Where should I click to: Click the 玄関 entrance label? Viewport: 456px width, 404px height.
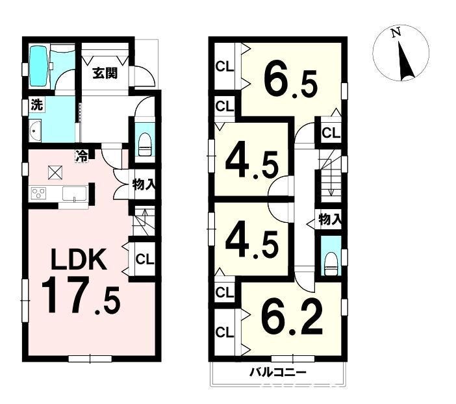point(105,73)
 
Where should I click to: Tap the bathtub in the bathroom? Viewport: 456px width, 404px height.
point(40,66)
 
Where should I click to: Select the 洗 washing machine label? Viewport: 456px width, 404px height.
point(37,105)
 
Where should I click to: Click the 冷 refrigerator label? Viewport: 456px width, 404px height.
point(82,156)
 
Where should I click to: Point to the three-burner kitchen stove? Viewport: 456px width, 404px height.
point(39,193)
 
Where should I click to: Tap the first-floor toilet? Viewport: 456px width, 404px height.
point(145,145)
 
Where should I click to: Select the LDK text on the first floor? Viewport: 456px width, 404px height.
point(78,260)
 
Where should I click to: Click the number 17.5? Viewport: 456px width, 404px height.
point(81,296)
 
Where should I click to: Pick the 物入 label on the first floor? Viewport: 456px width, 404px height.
point(144,184)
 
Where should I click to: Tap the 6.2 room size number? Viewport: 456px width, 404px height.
point(292,317)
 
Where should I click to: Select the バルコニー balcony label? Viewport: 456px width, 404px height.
point(278,372)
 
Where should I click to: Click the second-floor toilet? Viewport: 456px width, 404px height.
point(331,264)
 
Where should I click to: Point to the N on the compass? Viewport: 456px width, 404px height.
point(396,32)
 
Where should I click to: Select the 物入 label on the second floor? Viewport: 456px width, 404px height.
point(330,219)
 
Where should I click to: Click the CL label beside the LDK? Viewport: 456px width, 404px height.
point(145,259)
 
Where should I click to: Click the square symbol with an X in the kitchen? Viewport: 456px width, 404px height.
point(56,172)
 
